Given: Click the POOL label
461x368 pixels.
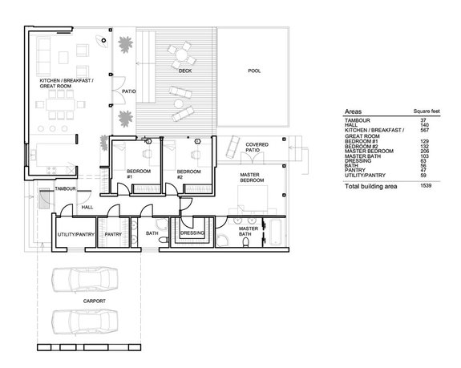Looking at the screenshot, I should [x=254, y=71].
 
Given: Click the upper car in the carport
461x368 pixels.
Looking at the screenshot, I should [x=84, y=283].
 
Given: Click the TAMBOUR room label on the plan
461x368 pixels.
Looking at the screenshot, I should [x=64, y=188].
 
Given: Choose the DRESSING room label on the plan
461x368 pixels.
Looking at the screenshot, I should [x=192, y=233].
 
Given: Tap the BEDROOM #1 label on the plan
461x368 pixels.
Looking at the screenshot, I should [x=135, y=174].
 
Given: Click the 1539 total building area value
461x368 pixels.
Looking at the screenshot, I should [x=425, y=186].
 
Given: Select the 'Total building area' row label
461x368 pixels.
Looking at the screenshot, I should [x=373, y=186].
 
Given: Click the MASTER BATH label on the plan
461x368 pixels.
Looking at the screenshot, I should [x=249, y=231].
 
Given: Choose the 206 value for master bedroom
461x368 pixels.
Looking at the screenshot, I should [x=427, y=151].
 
